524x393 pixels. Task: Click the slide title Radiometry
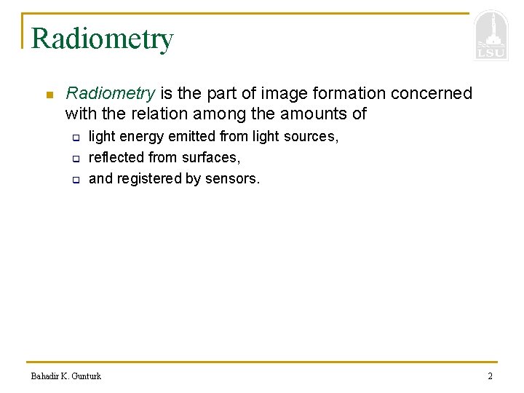point(102,39)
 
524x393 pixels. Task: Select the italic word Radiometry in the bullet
point(111,94)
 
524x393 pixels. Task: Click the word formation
point(351,94)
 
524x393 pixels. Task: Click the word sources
point(311,137)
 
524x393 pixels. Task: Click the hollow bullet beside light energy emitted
point(74,138)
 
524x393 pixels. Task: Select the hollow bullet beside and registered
point(74,180)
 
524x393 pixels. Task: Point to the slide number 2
point(490,376)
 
